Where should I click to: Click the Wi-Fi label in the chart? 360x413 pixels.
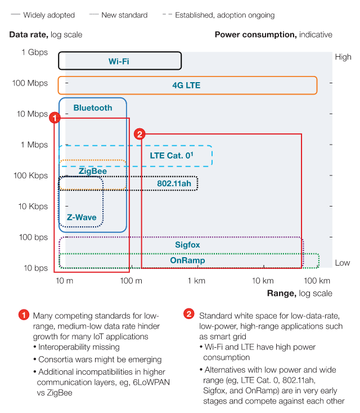(x=119, y=61)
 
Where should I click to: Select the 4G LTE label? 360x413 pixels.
(x=186, y=86)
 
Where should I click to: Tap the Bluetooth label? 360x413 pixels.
(x=93, y=107)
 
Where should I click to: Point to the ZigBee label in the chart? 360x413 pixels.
(x=93, y=171)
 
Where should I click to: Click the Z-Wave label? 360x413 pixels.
(x=82, y=217)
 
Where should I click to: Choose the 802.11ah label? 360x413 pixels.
(x=174, y=183)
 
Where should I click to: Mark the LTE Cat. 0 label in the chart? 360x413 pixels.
(x=172, y=155)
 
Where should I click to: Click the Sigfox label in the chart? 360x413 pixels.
(x=187, y=245)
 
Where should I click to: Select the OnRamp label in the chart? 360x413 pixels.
(x=187, y=260)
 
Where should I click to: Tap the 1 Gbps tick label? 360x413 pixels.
(x=35, y=52)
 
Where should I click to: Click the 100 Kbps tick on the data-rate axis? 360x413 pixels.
(x=31, y=176)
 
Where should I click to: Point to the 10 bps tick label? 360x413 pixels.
(x=36, y=268)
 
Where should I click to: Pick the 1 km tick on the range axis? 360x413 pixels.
(x=196, y=281)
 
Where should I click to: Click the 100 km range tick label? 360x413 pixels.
(x=317, y=281)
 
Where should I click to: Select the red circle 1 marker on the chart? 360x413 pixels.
(x=55, y=118)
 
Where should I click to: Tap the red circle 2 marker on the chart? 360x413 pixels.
(x=139, y=134)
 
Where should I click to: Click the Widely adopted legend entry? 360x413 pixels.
(x=43, y=15)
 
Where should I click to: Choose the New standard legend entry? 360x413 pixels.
(x=119, y=15)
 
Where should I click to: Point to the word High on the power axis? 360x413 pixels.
(x=343, y=57)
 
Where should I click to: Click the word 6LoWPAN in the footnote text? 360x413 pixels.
(x=151, y=382)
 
